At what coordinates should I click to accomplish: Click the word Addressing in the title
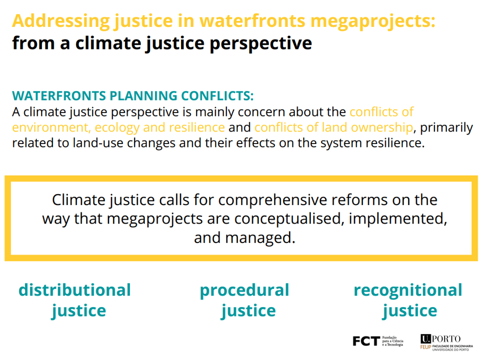pos(61,21)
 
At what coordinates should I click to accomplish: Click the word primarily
pos(446,127)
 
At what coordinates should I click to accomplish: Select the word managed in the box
pos(260,238)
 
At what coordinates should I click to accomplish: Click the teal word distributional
pos(74,290)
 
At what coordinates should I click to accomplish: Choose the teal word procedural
pos(244,290)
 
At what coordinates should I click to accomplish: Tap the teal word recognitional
pos(408,290)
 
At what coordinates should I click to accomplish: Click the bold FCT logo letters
pos(366,341)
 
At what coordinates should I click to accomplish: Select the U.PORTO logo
pos(440,339)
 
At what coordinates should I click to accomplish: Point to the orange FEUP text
pos(425,347)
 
